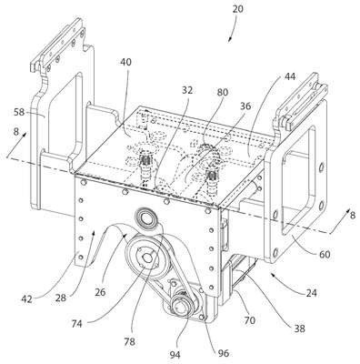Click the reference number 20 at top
237,9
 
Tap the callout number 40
125,62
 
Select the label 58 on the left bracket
19,113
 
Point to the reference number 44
290,76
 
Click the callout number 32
187,90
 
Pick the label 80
222,92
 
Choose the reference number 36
245,106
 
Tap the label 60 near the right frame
325,254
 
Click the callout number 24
311,293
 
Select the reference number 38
299,329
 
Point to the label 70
250,320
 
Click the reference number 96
223,353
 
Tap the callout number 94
175,355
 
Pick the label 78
129,342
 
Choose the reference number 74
76,324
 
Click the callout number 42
26,299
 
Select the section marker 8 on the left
16,132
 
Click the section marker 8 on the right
353,216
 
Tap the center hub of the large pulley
147,258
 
